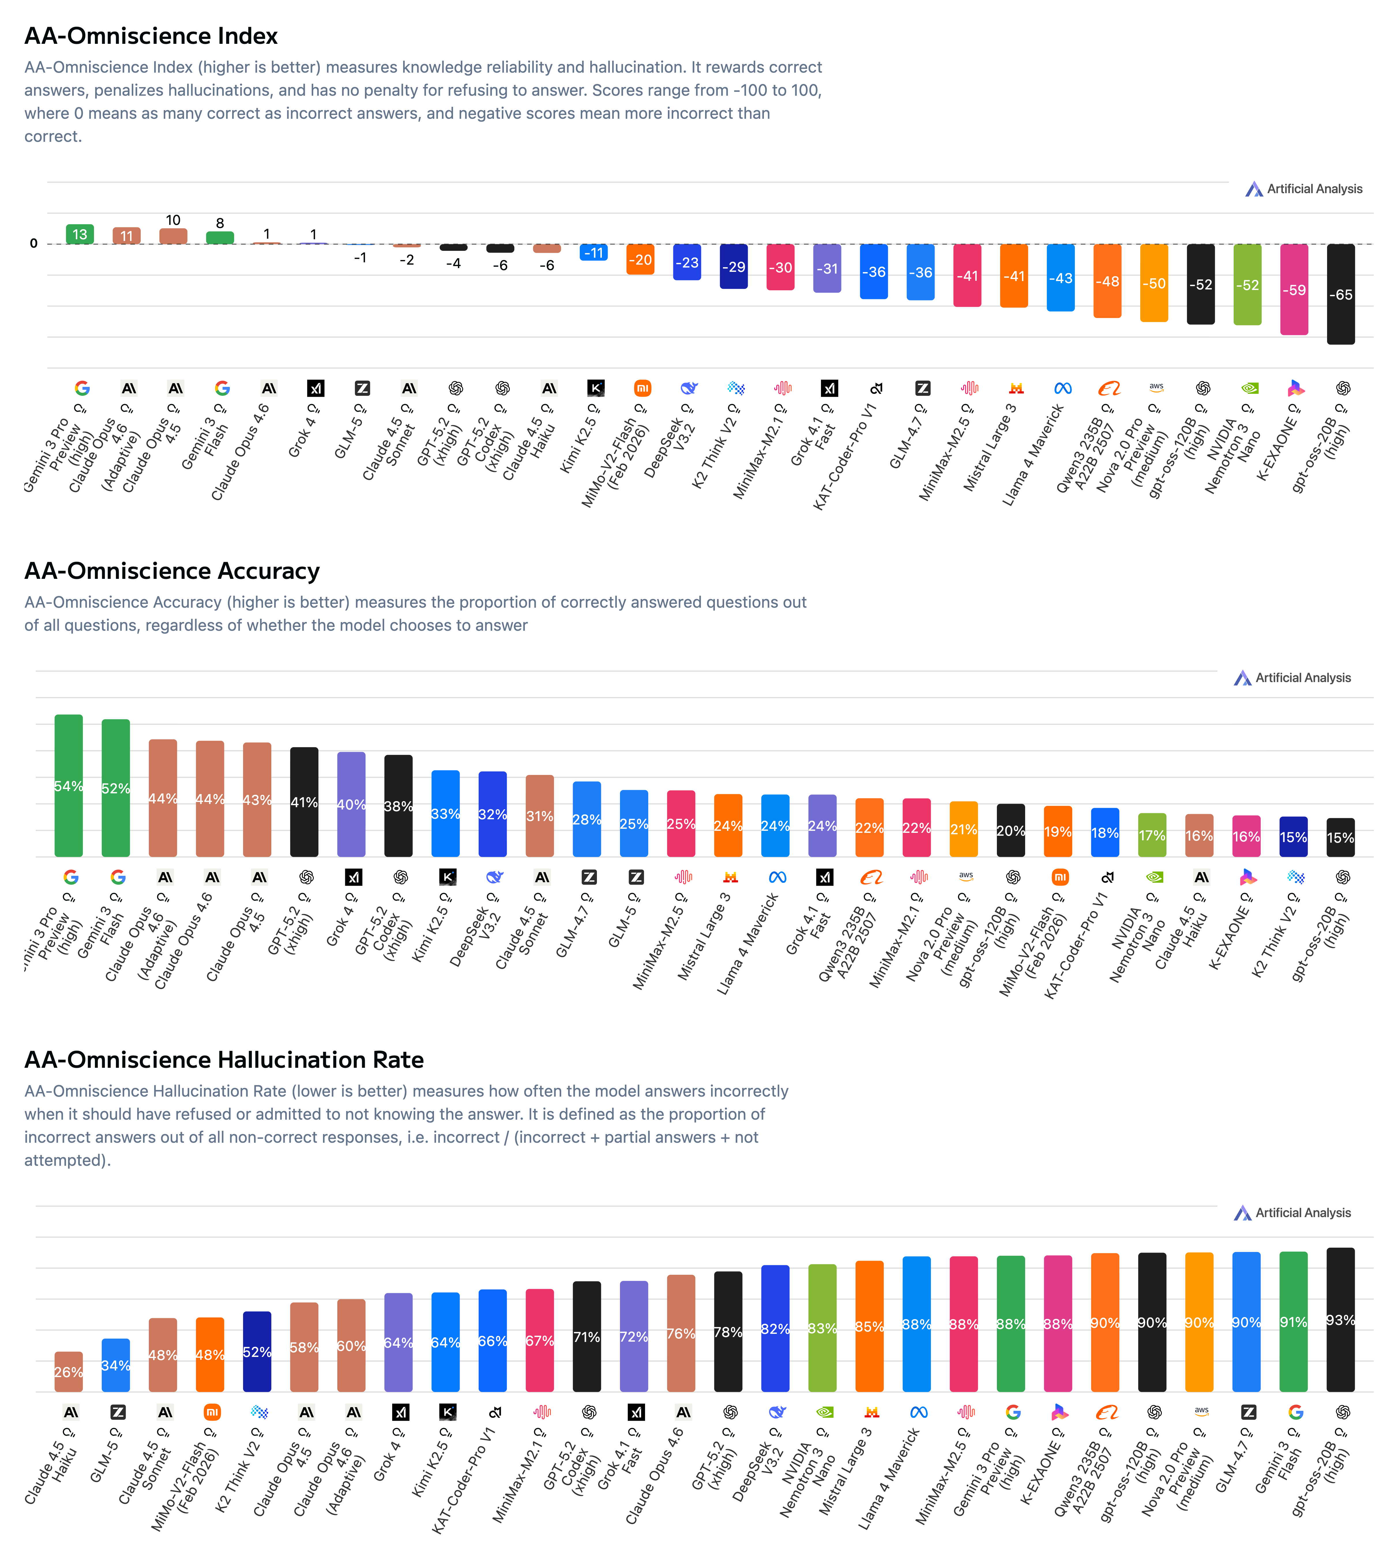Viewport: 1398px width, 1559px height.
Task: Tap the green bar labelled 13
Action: click(x=80, y=234)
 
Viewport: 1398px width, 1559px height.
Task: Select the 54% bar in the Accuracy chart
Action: click(x=68, y=786)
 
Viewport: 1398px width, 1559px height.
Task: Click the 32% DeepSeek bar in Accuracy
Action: click(x=492, y=814)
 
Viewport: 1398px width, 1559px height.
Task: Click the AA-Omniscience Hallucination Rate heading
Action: click(x=223, y=1060)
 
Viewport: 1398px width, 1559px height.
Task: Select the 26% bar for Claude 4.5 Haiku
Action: click(x=68, y=1372)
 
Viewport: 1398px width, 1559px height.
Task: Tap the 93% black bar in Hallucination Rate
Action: click(x=1340, y=1320)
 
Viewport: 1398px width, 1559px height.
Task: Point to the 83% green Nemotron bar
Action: click(x=822, y=1328)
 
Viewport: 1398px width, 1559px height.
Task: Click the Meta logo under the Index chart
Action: click(x=1063, y=389)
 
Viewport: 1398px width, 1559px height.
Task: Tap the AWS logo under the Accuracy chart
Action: click(x=965, y=876)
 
